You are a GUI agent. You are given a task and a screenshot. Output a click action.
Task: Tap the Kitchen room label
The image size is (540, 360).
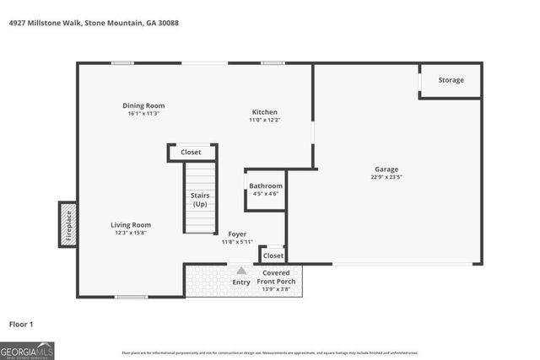coord(264,112)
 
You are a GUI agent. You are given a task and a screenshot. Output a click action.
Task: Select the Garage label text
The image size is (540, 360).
coord(386,169)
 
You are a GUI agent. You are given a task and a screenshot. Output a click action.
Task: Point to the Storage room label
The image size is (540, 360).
coord(451,80)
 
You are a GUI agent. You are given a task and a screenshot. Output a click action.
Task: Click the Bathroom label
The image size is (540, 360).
coord(266,185)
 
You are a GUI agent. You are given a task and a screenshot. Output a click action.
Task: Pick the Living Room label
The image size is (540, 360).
coord(131,224)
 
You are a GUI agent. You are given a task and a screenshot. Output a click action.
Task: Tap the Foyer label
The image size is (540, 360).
coord(237,234)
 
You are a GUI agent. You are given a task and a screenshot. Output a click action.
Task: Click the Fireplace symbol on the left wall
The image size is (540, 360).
coord(67,224)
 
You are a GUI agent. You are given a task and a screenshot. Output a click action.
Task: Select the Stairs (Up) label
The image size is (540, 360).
coord(200,200)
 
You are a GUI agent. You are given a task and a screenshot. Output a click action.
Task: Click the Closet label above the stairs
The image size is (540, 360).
coord(191,153)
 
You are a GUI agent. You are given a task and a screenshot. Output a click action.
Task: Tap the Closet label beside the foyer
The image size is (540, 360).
coord(273,255)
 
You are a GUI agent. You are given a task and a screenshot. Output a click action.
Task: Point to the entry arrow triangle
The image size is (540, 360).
coord(241,271)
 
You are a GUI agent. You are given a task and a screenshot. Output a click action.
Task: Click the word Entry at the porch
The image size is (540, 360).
coord(241,282)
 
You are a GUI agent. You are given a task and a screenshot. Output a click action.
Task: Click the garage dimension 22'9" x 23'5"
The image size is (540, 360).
coord(386,178)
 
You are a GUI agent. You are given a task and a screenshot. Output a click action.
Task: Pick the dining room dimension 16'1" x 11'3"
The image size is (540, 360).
coord(144,114)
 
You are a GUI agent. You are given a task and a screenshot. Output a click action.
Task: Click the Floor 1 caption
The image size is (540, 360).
coord(20,324)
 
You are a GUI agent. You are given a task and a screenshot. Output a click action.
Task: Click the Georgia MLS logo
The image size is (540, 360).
coord(27,350)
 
